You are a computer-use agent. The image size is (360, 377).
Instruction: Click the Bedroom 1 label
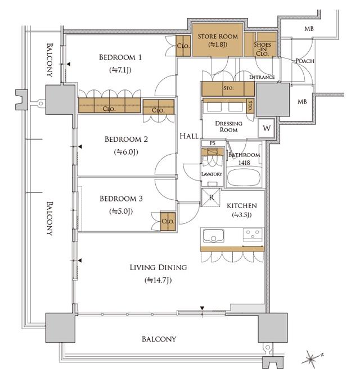(x=120, y=57)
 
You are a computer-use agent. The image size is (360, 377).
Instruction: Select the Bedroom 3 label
(x=121, y=199)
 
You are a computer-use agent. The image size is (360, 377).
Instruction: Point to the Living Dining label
(x=158, y=267)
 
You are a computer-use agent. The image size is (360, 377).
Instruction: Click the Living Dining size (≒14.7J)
(x=158, y=280)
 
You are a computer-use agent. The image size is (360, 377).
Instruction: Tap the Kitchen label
(x=242, y=206)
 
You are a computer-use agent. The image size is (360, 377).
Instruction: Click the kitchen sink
(x=214, y=236)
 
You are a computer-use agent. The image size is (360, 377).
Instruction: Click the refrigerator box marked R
(x=211, y=197)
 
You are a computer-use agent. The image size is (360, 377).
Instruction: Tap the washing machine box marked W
(x=265, y=128)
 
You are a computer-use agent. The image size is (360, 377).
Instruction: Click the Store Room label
(x=218, y=37)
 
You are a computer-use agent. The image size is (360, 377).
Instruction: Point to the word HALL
(x=188, y=136)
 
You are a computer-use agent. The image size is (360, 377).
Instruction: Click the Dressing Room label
(x=229, y=127)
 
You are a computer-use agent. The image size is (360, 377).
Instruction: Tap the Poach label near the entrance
(x=304, y=61)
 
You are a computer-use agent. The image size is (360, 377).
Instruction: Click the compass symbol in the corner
(x=310, y=357)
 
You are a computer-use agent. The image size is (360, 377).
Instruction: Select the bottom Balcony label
(x=159, y=339)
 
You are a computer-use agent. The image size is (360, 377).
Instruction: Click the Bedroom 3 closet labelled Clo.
(x=168, y=221)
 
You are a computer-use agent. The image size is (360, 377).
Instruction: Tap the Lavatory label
(x=212, y=174)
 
